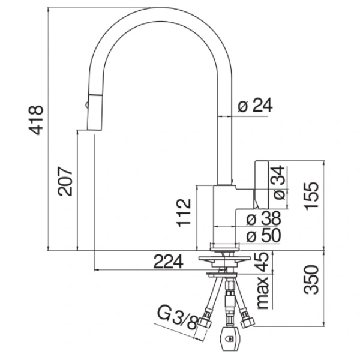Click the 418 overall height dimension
pyautogui.click(x=35, y=120)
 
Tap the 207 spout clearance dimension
pyautogui.click(x=65, y=181)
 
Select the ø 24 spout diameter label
pyautogui.click(x=255, y=106)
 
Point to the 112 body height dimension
pyautogui.click(x=184, y=212)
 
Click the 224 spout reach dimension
pyautogui.click(x=168, y=262)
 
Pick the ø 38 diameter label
pyautogui.click(x=264, y=218)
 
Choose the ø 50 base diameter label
pyautogui.click(x=264, y=235)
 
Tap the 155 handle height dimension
pyautogui.click(x=311, y=196)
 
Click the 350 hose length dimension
pyautogui.click(x=311, y=280)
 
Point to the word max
pyautogui.click(x=263, y=293)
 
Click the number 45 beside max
pyautogui.click(x=262, y=262)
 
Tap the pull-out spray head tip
pyautogui.click(x=94, y=130)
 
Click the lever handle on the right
pyautogui.click(x=261, y=185)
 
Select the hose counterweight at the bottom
pyautogui.click(x=229, y=338)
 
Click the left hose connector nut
pyautogui.click(x=205, y=322)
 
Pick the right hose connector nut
pyautogui.click(x=248, y=322)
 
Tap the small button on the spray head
pyautogui.click(x=86, y=105)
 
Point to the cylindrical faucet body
pyautogui.click(x=225, y=214)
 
